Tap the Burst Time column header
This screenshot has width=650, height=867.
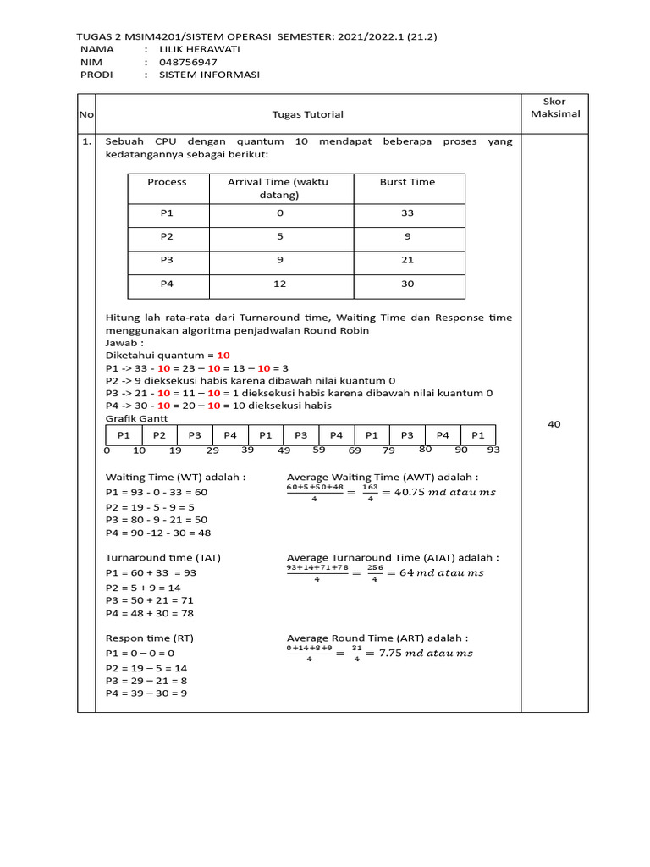pos(407,182)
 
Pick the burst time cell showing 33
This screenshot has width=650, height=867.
pos(407,214)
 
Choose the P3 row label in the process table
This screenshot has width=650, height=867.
pos(167,261)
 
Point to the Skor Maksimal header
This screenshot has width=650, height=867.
pos(554,108)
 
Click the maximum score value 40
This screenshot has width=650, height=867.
pos(554,424)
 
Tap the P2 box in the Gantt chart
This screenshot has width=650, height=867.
pos(159,434)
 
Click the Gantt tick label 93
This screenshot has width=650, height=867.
pos(493,450)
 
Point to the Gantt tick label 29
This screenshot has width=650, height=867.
pos(212,451)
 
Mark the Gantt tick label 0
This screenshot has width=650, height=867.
pos(107,451)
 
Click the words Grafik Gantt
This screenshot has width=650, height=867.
pos(136,418)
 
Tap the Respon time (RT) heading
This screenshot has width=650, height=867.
pos(149,638)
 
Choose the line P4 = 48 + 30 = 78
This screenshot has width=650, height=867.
pos(158,613)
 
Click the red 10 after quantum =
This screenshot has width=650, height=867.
pos(223,356)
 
